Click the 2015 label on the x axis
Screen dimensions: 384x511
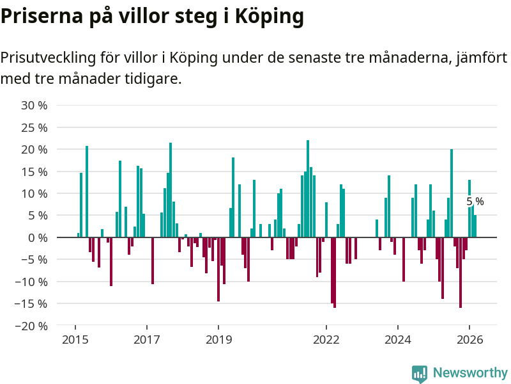(x=75, y=340)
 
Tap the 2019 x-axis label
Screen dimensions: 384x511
(x=218, y=340)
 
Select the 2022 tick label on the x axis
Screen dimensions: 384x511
(x=326, y=340)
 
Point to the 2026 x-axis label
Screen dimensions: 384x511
(x=469, y=340)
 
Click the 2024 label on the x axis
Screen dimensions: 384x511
(x=398, y=340)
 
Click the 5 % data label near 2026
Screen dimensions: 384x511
(x=475, y=202)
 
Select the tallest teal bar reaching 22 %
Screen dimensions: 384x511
(x=308, y=189)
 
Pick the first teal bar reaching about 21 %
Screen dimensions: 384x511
(x=87, y=191)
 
